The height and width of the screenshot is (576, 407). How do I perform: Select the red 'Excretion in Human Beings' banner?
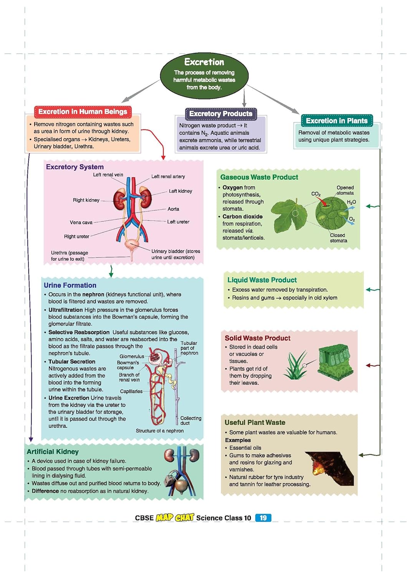click(83, 112)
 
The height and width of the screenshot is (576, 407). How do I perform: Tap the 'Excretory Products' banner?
click(221, 114)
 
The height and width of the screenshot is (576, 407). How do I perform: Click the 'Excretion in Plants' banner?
click(336, 121)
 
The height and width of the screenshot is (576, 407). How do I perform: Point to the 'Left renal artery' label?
click(168, 177)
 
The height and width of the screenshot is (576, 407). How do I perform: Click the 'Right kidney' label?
click(86, 200)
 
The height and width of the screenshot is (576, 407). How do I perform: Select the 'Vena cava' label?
click(81, 222)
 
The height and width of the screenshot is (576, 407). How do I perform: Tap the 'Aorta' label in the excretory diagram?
click(173, 209)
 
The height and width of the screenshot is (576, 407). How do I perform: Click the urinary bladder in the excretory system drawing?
click(133, 244)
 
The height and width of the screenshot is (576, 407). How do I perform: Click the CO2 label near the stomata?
click(316, 194)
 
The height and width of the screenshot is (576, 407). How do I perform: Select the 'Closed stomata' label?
click(338, 238)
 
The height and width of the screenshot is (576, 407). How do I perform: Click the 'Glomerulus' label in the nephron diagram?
click(132, 356)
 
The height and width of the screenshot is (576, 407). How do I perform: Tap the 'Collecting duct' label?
click(190, 420)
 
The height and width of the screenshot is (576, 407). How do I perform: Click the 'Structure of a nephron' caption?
click(160, 431)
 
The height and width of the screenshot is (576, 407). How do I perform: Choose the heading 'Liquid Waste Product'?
click(262, 280)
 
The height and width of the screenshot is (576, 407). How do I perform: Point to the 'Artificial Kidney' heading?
click(53, 452)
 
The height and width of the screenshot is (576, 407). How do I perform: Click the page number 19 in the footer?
click(263, 518)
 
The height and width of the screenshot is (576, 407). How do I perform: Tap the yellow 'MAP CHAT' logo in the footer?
click(175, 518)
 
